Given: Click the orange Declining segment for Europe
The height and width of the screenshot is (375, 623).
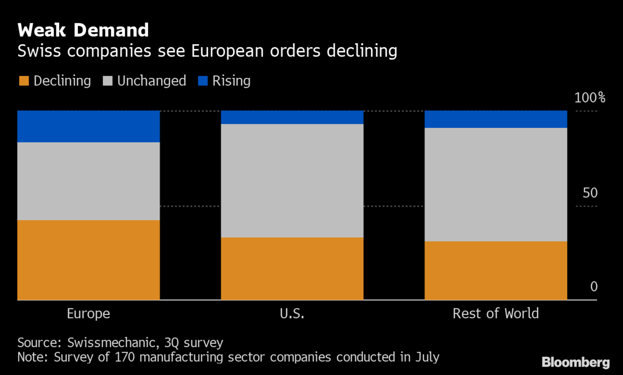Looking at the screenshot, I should pos(88,260).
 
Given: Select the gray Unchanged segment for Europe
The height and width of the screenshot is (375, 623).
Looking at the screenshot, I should pos(88,181).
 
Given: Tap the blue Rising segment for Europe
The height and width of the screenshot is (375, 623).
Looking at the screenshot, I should pos(88,126).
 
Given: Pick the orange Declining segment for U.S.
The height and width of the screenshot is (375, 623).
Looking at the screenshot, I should pos(292,269).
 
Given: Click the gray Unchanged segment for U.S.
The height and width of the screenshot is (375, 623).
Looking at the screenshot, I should pos(292,181).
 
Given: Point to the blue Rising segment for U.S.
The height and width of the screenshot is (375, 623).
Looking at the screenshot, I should pos(292,117).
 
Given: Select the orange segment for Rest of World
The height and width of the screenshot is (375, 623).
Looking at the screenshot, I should pos(496,271).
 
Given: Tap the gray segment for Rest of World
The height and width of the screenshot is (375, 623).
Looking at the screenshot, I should pos(496,184).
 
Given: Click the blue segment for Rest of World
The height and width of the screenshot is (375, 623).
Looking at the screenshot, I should pos(496,119).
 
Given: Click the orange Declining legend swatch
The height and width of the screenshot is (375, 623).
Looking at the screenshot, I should pos(24,81).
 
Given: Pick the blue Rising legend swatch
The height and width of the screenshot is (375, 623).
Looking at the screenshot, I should pos(203,81).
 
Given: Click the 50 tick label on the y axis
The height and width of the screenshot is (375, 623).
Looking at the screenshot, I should pos(590,193).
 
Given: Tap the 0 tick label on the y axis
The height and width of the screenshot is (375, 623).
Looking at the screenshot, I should pos(594,287).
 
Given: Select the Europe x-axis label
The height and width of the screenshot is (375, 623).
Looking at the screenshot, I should pos(88,314).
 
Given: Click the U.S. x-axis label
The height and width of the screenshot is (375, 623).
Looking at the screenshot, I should pos(292,314).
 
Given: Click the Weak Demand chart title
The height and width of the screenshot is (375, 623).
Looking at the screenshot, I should pos(83,30).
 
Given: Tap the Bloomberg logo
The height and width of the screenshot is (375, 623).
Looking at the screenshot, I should pos(575,363).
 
